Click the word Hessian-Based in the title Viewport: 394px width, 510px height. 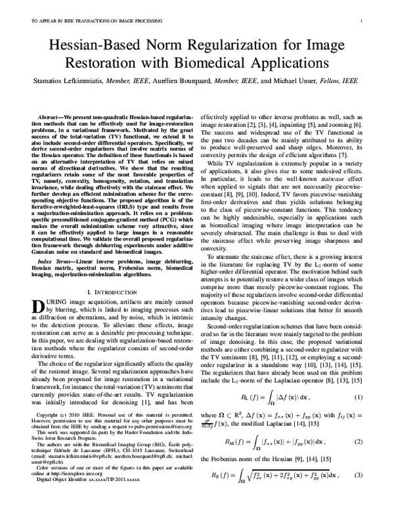(91, 47)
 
